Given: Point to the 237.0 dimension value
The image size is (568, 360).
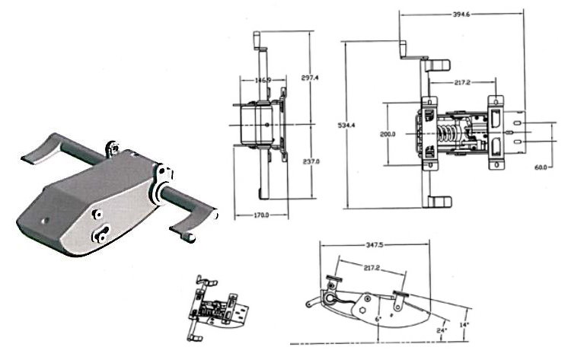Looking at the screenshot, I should pos(311,161).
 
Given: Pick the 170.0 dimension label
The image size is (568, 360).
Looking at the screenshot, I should pos(260,215).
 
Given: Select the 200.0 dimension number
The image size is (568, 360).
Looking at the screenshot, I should pos(388,135).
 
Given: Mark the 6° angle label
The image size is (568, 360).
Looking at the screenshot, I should pos(378,319).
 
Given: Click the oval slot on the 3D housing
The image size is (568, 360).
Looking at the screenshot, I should pos(101,234).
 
